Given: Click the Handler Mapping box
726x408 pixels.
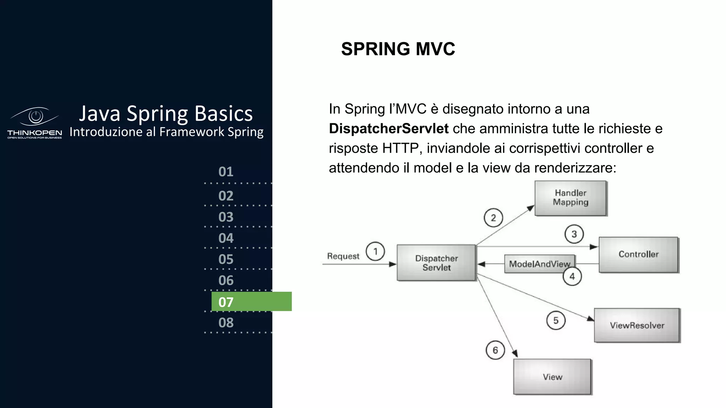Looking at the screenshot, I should click(x=570, y=198).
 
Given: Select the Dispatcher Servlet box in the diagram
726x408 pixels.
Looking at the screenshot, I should click(x=436, y=263).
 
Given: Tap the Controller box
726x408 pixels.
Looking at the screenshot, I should click(x=638, y=255).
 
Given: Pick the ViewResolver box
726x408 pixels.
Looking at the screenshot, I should click(x=637, y=325).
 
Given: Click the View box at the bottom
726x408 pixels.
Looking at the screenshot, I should click(x=552, y=377).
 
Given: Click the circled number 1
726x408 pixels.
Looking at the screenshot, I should click(x=375, y=251).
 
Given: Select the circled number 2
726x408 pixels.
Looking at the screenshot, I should click(x=493, y=218).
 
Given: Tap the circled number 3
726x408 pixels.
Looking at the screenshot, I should click(x=574, y=234).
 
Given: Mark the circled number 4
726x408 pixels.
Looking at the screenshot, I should click(x=572, y=277).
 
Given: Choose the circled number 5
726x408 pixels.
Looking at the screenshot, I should click(x=556, y=321).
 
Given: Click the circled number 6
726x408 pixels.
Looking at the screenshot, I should click(x=495, y=350).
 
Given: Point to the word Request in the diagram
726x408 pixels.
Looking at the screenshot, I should click(x=343, y=256).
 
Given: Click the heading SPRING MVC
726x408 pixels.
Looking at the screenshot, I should click(x=398, y=49).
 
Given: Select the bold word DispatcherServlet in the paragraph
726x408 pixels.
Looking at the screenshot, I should click(x=389, y=129).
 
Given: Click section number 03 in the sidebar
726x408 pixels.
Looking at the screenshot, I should click(x=226, y=217).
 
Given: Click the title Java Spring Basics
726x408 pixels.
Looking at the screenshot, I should click(x=166, y=113).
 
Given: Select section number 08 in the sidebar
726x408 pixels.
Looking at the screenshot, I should click(x=226, y=323).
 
